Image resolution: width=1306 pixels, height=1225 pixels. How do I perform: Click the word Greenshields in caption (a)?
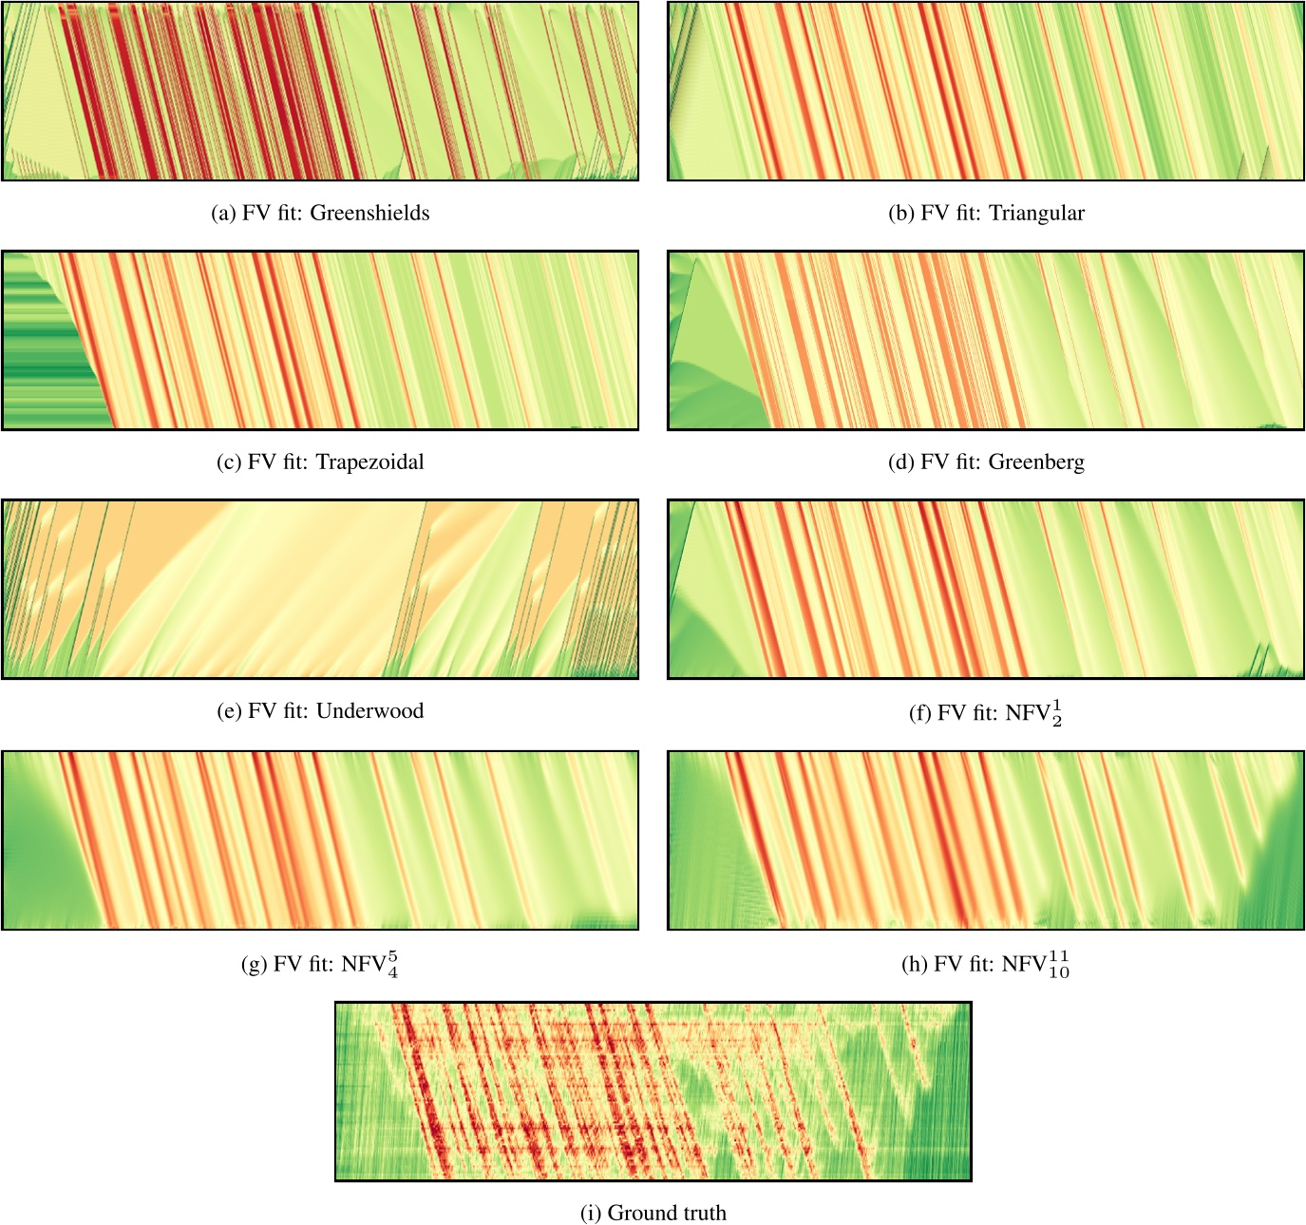369,213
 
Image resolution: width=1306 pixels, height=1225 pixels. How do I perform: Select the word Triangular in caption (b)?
1036,213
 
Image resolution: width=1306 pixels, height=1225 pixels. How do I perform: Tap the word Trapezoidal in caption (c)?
369,462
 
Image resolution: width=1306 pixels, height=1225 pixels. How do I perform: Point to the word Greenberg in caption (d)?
1036,462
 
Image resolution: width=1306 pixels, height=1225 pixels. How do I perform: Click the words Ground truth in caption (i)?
667,1213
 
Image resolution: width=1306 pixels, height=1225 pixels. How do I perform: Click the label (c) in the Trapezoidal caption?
228,462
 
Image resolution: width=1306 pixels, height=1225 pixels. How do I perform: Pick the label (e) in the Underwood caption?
228,711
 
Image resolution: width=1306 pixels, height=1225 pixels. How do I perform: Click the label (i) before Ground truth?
590,1213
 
